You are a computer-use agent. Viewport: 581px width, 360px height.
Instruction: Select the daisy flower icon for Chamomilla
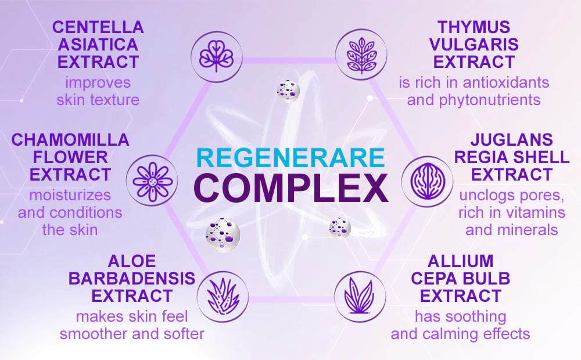152,181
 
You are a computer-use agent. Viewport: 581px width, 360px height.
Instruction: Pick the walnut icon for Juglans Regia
427,181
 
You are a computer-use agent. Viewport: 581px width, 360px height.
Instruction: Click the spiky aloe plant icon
223,296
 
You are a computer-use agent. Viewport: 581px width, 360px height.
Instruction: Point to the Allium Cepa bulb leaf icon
360,296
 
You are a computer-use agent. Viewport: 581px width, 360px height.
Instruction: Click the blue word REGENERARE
290,157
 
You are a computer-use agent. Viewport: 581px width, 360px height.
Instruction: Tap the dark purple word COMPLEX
291,188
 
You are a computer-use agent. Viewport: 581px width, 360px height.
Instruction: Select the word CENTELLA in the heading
98,27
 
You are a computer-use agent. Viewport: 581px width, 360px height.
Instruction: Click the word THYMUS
474,27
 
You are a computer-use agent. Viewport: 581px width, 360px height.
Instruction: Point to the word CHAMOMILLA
70,139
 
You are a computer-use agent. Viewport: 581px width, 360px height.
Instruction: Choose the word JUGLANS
512,139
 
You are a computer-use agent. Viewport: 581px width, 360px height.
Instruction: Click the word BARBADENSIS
132,279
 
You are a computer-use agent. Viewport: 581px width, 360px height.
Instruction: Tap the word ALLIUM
461,261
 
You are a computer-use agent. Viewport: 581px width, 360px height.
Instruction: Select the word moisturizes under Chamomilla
70,195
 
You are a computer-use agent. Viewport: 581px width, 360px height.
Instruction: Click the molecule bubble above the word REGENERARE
288,91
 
